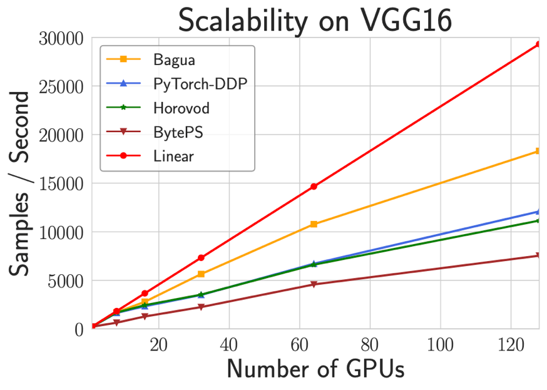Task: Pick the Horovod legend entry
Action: click(181, 108)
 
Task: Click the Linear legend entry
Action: click(173, 156)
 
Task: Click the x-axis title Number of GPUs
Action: click(315, 369)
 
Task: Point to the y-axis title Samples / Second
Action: click(20, 183)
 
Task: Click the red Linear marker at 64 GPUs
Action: click(314, 187)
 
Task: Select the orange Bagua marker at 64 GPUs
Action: click(314, 224)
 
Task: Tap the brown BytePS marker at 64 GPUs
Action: click(314, 284)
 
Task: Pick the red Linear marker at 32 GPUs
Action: click(201, 258)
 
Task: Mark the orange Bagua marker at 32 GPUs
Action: click(201, 274)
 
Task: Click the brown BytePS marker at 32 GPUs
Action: click(201, 307)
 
